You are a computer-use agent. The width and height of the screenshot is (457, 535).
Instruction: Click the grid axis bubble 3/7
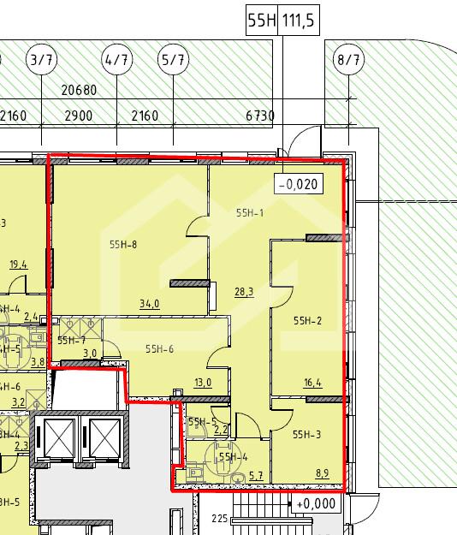coord(42,60)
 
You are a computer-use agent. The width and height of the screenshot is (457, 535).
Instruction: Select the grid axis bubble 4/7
coord(117,60)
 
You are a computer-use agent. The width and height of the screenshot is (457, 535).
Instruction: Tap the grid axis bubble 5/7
coord(173,60)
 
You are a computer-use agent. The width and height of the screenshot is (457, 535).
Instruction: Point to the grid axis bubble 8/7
coord(348,60)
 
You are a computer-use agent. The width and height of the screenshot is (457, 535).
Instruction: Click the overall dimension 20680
coord(79,90)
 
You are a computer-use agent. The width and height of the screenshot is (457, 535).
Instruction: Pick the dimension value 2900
coord(79,116)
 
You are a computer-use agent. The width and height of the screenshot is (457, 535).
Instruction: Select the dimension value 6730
coord(260,116)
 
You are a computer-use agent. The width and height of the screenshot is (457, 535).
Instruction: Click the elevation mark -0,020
coord(299,184)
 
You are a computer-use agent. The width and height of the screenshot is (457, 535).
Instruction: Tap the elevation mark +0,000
coord(316,503)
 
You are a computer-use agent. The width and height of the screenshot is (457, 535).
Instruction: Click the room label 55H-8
coord(123,244)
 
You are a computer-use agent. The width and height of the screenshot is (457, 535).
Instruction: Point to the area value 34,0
coord(150,303)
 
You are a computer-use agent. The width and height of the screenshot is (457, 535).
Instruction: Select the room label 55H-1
coord(250,213)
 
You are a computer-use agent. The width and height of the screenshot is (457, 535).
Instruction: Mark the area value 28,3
coord(244,292)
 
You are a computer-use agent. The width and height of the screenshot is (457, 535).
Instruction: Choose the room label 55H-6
coord(160,348)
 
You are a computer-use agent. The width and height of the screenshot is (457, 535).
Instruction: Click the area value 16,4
coord(312,383)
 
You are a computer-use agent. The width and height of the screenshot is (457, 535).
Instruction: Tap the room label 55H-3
coord(307,434)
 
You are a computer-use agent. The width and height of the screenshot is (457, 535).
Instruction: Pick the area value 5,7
coord(256,475)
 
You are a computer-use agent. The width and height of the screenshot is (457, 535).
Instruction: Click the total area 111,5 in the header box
coord(298,21)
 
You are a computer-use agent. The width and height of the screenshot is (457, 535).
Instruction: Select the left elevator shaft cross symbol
coord(58,437)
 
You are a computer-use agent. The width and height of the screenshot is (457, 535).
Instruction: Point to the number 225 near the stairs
coord(220,519)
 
